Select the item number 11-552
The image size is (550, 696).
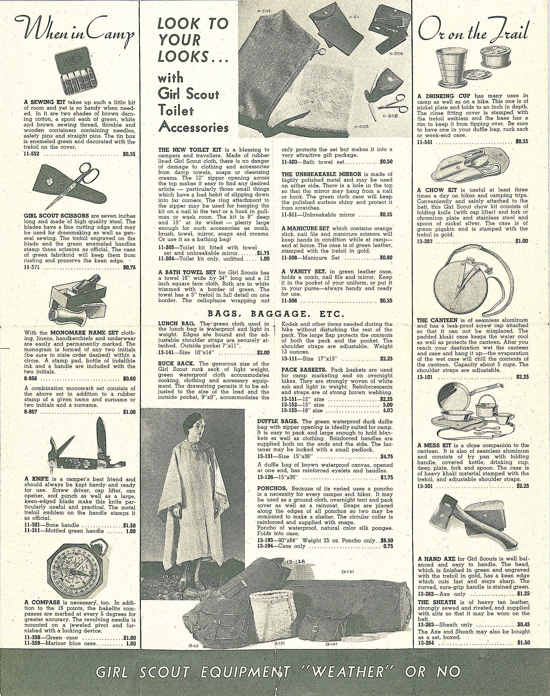(x=31, y=154)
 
